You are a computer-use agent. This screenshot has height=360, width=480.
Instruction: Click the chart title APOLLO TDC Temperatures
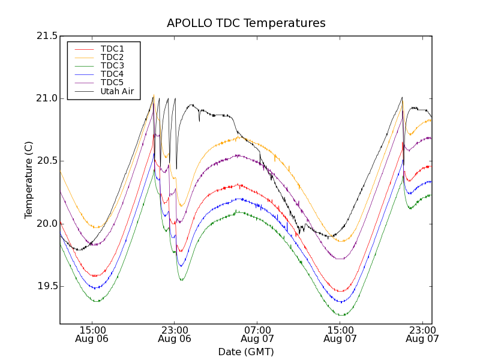(x=246, y=23)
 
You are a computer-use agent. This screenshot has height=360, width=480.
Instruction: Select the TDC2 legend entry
(x=112, y=58)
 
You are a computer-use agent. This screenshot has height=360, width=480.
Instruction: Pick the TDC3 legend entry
(x=112, y=66)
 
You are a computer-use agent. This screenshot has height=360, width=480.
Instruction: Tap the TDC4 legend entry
(x=112, y=74)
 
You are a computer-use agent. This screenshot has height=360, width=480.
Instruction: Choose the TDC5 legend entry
(x=112, y=83)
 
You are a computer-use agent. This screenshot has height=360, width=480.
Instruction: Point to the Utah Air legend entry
(x=117, y=92)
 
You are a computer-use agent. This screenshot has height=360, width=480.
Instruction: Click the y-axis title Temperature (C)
(x=29, y=180)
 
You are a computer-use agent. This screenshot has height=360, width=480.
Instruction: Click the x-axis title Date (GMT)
(x=246, y=352)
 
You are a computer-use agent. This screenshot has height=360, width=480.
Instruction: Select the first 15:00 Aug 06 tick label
(x=92, y=334)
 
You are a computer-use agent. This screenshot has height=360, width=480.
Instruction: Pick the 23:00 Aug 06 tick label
(x=175, y=334)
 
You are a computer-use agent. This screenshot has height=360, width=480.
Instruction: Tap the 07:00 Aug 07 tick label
(x=257, y=334)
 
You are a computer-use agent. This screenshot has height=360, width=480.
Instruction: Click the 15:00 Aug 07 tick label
(x=340, y=334)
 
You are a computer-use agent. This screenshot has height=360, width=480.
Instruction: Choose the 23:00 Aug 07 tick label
(x=422, y=334)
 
